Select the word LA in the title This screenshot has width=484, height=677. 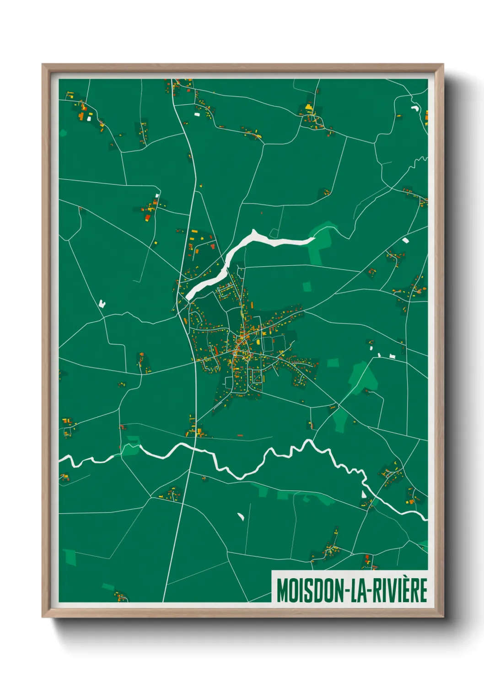pos(361,591)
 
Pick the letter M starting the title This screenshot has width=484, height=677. pos(282,591)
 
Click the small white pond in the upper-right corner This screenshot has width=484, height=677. pos(415,108)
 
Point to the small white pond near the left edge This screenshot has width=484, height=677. pos(102,303)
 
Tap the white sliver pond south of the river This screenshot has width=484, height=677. pos(241,516)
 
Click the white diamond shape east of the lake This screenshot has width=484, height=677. pos(405,239)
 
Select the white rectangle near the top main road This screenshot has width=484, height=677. pos(197,114)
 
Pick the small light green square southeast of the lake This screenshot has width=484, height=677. pos(307,287)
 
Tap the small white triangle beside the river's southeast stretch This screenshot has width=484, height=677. pos(364,494)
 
